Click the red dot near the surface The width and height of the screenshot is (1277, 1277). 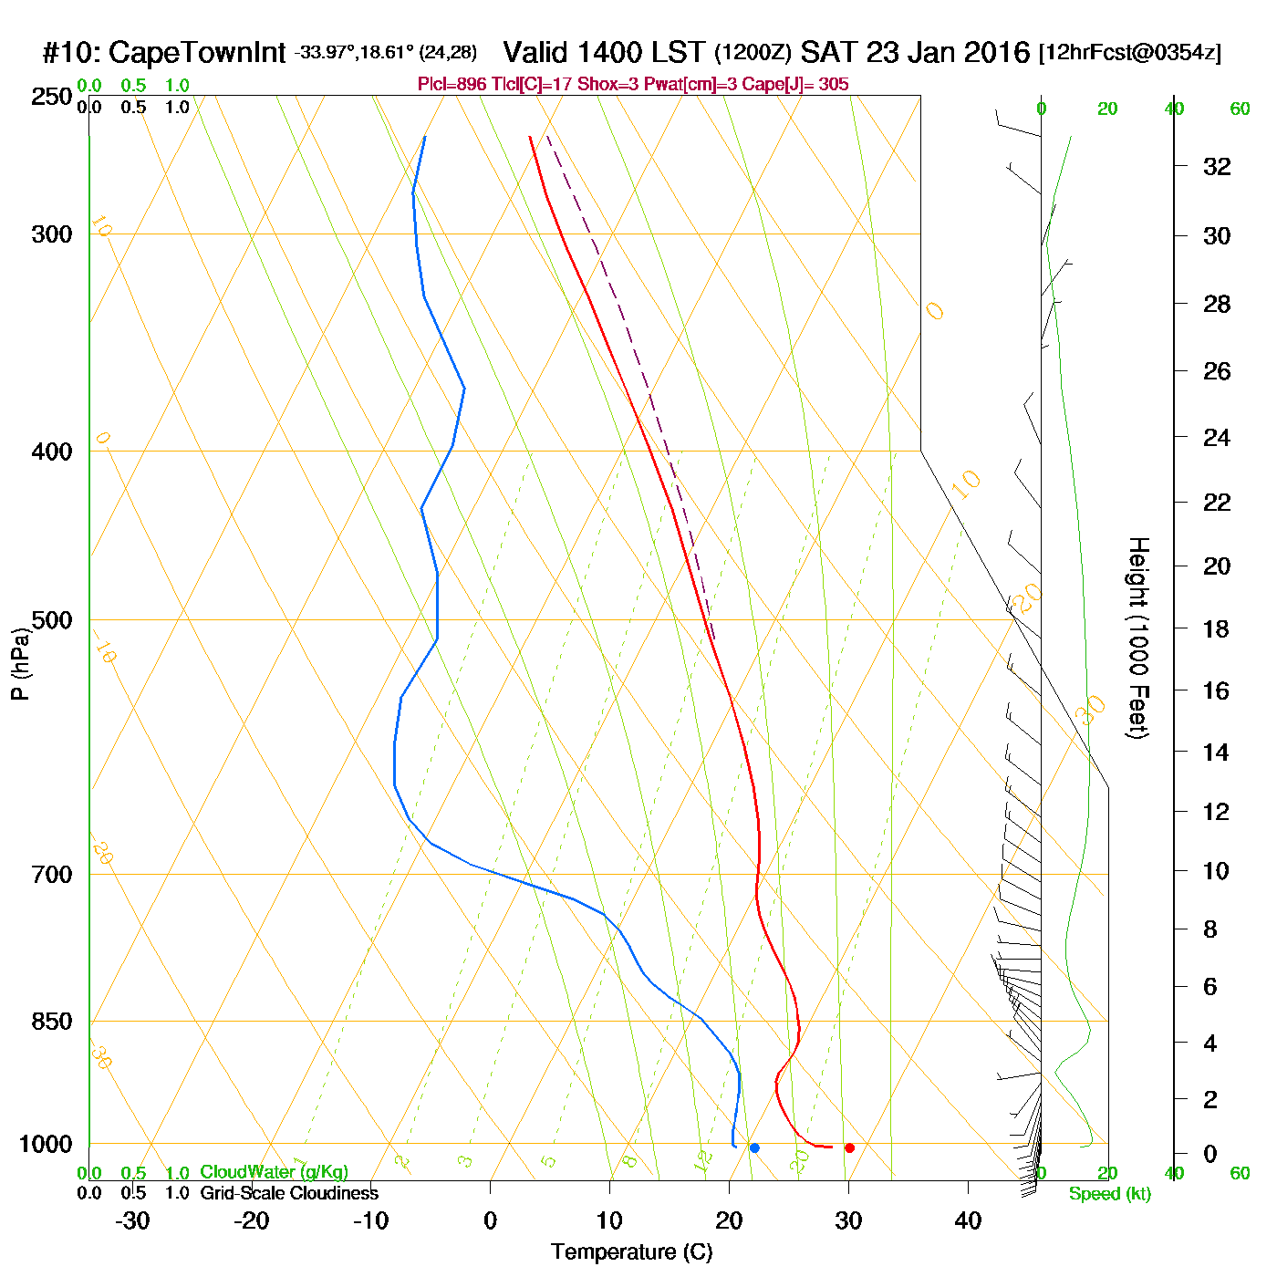coord(849,1147)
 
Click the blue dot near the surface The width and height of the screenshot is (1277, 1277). coord(754,1147)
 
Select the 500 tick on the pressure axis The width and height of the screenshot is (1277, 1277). coord(51,620)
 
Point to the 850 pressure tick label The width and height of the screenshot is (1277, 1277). coord(51,1022)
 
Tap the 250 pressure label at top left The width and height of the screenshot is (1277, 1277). coord(51,97)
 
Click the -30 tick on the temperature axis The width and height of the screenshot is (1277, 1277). coord(132,1220)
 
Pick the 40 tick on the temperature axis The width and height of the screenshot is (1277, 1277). coord(968,1220)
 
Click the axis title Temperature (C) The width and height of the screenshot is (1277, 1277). coord(631,1252)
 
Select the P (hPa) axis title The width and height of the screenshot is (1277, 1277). coord(20,664)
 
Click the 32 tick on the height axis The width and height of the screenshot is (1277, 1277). coord(1217,167)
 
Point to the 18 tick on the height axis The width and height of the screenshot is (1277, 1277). coord(1216,628)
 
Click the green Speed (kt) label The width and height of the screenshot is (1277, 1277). coord(1109,1194)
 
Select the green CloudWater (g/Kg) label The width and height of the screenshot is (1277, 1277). coord(274,1172)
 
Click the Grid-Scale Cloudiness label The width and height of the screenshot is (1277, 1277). coord(289,1193)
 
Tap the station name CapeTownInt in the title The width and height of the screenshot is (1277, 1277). coord(196,53)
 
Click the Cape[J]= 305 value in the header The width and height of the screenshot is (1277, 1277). coord(808,85)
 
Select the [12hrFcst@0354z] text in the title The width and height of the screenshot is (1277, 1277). coord(1129,53)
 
